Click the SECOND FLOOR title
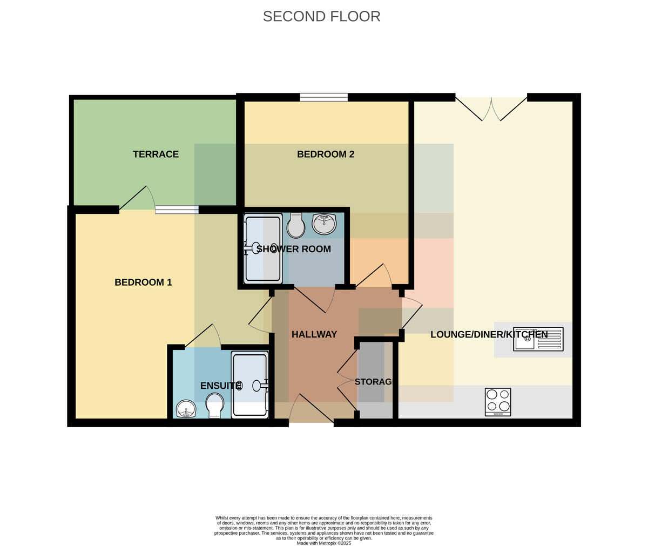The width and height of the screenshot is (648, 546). click(321, 16)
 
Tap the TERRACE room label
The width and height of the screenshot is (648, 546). click(156, 154)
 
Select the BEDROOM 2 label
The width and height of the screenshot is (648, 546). click(326, 154)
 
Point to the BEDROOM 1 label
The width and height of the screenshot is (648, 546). click(143, 282)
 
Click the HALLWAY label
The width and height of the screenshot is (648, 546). click(314, 334)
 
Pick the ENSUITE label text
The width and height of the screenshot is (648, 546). click(221, 386)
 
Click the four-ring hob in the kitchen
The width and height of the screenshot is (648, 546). click(498, 402)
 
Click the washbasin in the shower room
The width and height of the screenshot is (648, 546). click(324, 224)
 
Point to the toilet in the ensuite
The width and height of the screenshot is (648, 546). click(215, 406)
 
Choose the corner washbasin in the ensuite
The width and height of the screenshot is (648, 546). click(186, 409)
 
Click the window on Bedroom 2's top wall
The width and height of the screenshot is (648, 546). click(323, 97)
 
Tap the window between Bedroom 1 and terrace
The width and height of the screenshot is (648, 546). click(177, 210)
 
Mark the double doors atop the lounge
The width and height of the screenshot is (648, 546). click(491, 109)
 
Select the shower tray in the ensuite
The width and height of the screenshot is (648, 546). click(250, 385)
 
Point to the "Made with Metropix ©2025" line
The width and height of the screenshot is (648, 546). click(323, 543)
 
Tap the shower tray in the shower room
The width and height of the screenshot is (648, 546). click(263, 248)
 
